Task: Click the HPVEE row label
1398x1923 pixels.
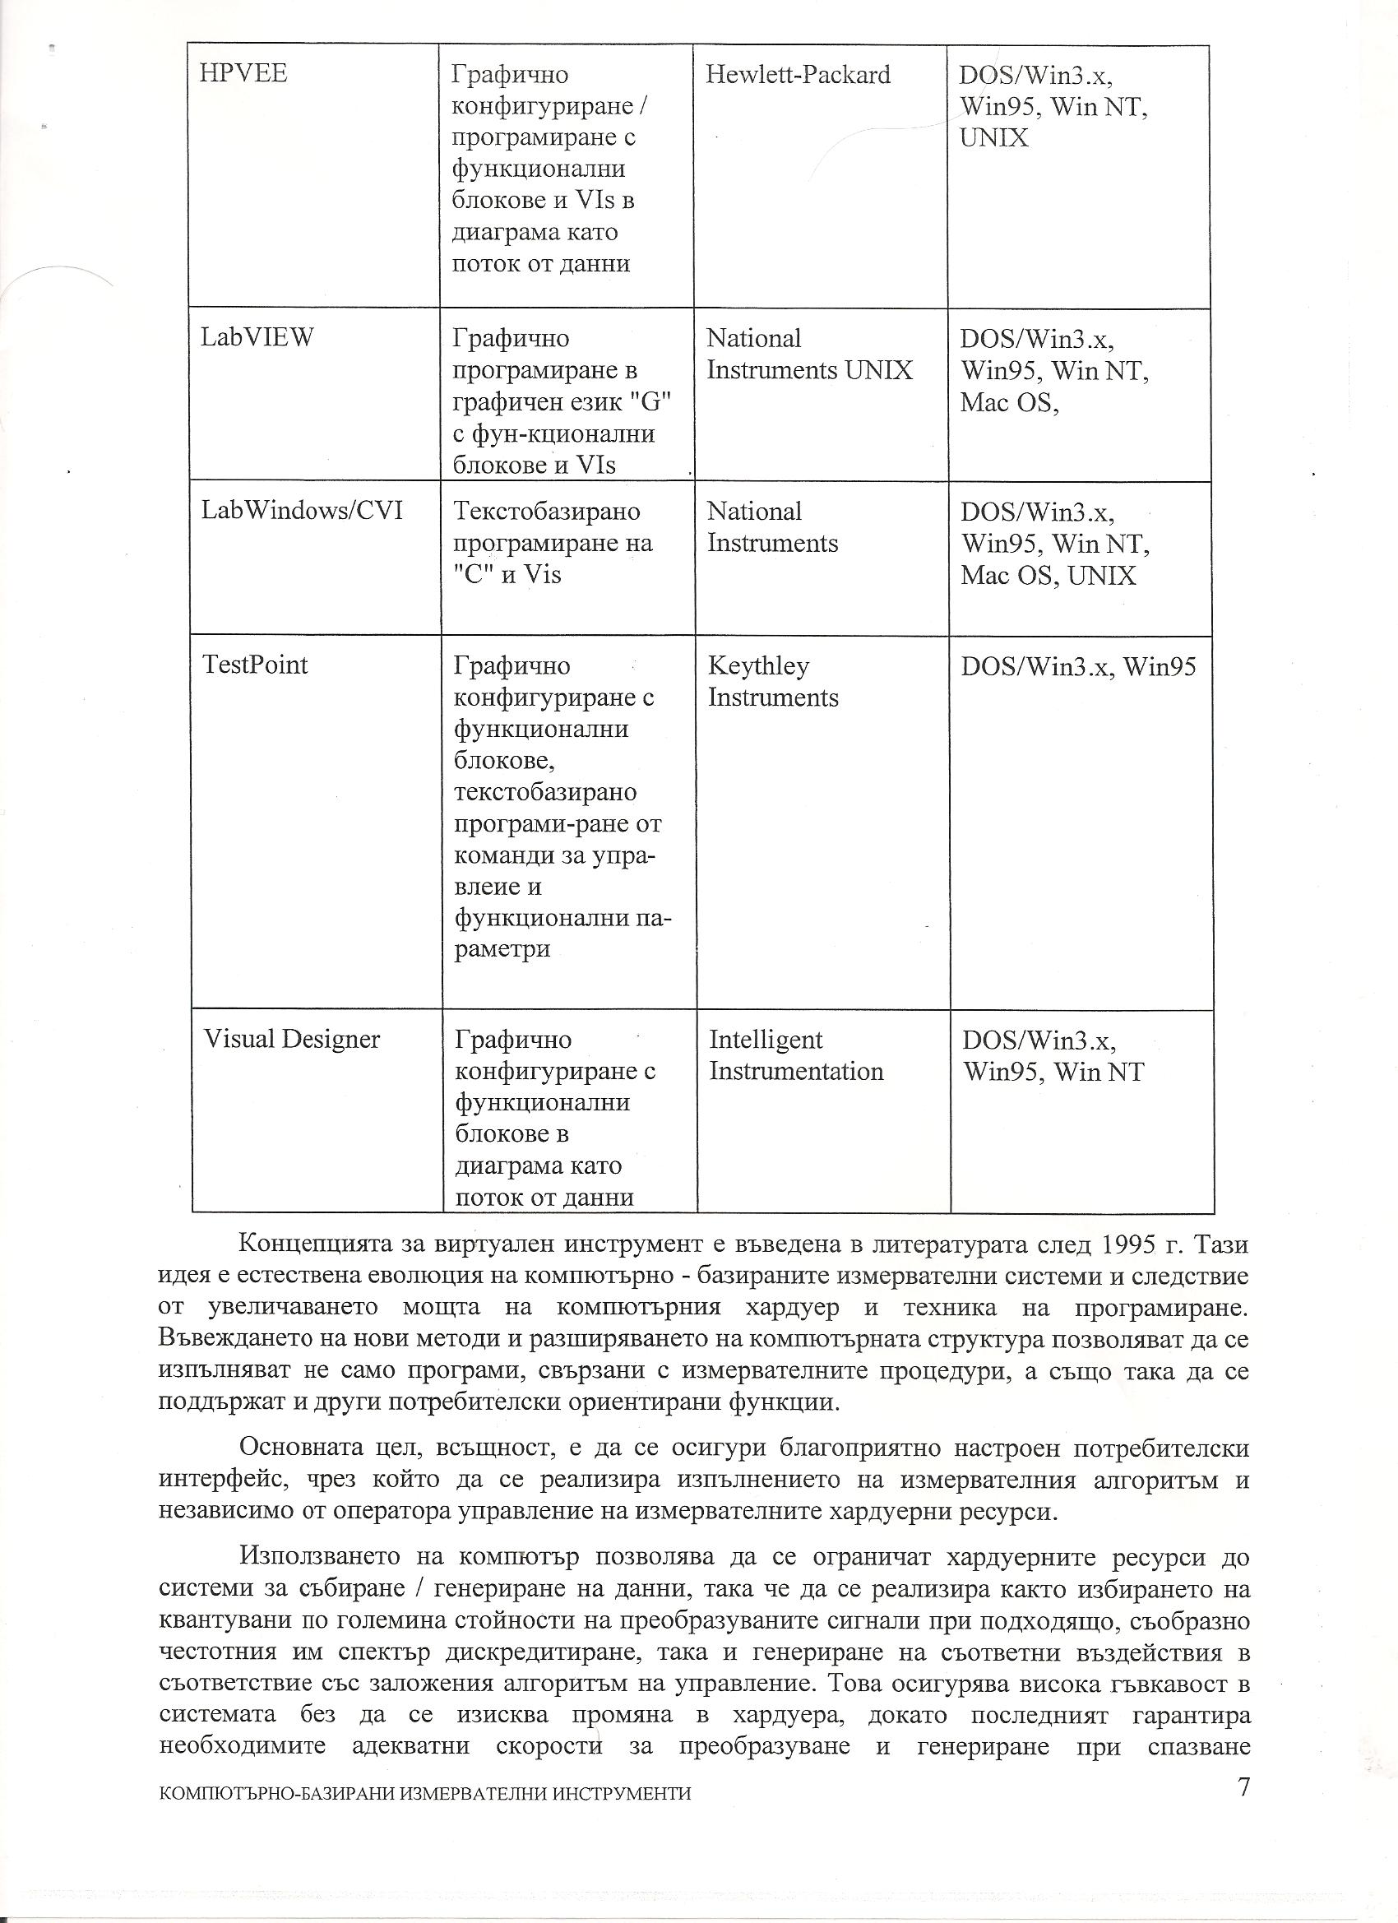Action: [243, 74]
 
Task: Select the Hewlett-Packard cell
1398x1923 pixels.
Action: [798, 76]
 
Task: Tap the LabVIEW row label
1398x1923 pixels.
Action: [257, 337]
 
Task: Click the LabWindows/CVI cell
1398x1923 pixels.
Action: [302, 511]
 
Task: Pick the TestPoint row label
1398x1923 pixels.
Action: [255, 665]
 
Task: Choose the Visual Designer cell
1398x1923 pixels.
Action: [292, 1040]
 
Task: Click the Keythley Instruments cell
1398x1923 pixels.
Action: [772, 682]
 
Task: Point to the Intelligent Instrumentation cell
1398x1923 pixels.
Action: [795, 1055]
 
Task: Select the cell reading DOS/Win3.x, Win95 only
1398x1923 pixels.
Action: [1077, 667]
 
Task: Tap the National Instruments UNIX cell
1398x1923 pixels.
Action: [809, 354]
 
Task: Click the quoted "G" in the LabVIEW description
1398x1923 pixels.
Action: [653, 402]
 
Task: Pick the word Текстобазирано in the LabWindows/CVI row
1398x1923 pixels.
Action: [547, 512]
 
